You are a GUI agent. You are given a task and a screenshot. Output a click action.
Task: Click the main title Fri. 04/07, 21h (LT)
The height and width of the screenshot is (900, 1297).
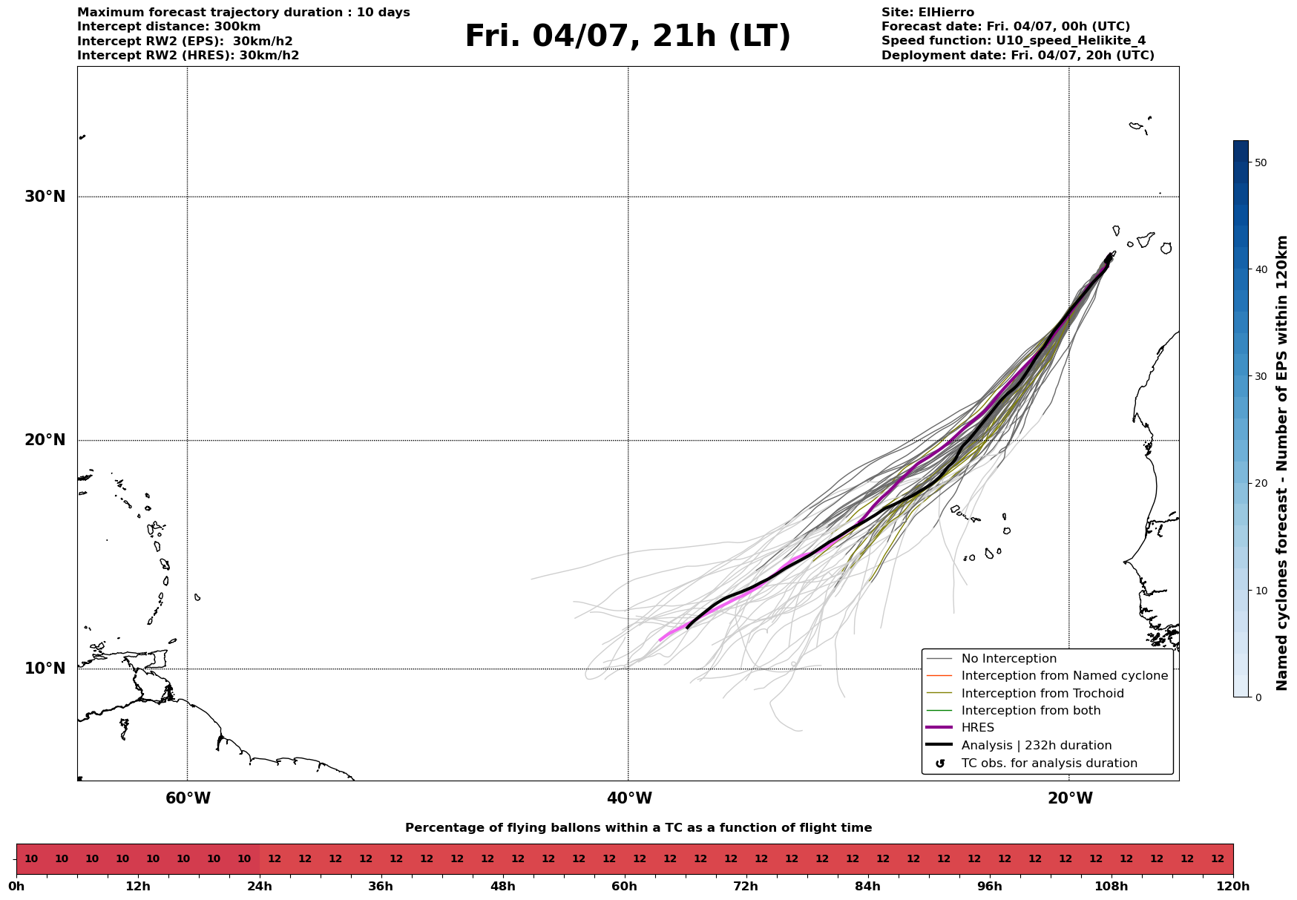click(x=628, y=36)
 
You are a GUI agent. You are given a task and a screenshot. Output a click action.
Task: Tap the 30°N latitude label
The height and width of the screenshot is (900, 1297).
click(x=45, y=197)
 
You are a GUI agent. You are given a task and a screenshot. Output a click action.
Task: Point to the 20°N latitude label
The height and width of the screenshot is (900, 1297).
click(x=45, y=440)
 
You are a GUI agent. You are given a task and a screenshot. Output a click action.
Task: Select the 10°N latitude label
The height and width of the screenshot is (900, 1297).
click(x=45, y=669)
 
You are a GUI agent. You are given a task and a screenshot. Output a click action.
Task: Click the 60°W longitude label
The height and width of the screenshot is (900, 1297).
click(x=188, y=798)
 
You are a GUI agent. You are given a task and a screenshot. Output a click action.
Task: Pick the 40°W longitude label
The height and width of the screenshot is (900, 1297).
click(x=629, y=798)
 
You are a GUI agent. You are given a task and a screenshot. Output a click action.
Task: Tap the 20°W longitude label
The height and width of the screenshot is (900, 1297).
click(x=1070, y=798)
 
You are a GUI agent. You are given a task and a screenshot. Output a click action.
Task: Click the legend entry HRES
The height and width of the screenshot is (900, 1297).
click(x=977, y=728)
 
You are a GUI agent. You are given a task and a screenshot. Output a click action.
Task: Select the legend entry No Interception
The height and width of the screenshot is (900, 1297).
click(x=1008, y=659)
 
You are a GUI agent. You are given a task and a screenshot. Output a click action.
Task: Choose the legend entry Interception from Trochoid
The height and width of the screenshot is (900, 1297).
click(x=1042, y=694)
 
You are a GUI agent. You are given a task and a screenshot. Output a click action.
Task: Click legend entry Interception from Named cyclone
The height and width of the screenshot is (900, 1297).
click(x=1064, y=676)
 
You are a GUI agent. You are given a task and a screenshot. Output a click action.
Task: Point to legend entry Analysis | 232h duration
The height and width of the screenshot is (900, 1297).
click(x=1036, y=746)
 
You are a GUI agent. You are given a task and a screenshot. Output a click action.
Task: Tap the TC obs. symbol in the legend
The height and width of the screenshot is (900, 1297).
click(x=940, y=763)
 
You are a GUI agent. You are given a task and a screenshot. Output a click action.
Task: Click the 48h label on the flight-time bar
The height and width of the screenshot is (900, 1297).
click(x=502, y=886)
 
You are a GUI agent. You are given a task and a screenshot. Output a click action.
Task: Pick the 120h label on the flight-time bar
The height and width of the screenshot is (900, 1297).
click(x=1233, y=886)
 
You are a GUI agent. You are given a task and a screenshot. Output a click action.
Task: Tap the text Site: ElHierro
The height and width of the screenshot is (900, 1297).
click(x=927, y=13)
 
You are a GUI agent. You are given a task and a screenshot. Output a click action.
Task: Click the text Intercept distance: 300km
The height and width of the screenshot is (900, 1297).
click(x=168, y=27)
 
